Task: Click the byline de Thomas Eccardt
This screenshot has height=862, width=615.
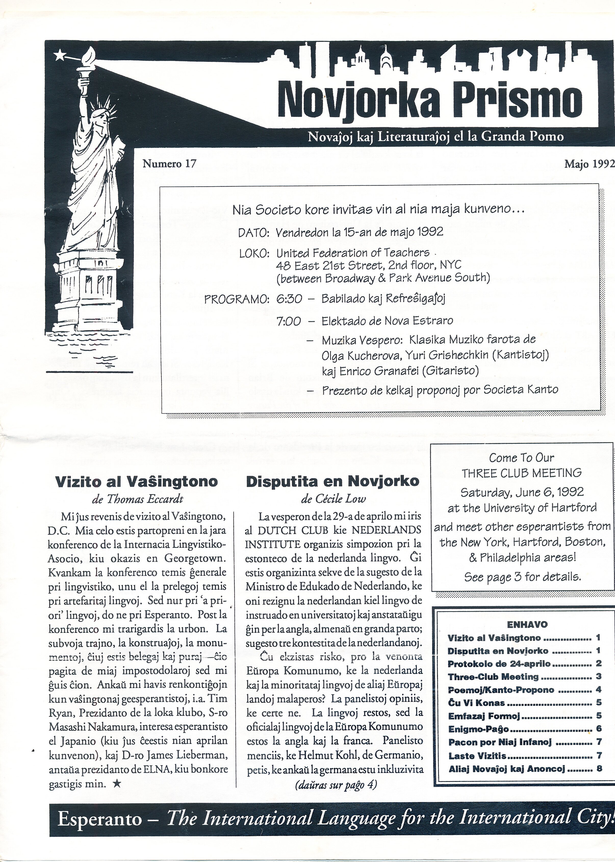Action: point(137,499)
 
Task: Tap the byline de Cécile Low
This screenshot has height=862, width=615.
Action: point(333,499)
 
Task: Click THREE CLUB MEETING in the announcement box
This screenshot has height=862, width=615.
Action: point(521,473)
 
